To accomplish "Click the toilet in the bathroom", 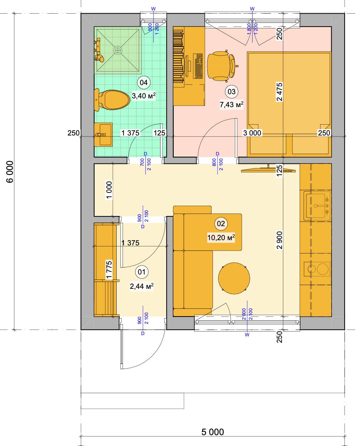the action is (112, 100).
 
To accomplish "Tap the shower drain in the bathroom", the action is (118, 50).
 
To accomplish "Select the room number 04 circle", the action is (144, 83).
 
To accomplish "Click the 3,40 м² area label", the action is (144, 96).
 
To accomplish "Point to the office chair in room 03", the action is (221, 65).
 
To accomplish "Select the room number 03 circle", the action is (231, 92).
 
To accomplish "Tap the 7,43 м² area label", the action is (231, 105).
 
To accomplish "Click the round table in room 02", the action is (234, 278).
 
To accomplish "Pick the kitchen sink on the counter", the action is (317, 205).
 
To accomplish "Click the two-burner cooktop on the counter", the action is (317, 269).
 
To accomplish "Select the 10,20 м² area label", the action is (221, 237).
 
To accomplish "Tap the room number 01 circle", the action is (141, 272).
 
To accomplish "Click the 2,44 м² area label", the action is (141, 286).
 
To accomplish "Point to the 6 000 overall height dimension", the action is (10, 172).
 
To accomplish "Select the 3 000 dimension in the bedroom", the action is (252, 133).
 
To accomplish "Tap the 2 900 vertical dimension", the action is (279, 240).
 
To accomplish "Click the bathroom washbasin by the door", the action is (103, 134).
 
